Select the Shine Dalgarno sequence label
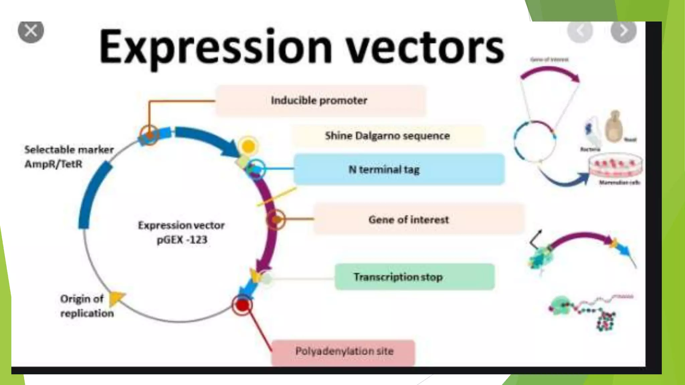[387, 136]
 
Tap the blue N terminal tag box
[399, 169]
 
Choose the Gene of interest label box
[418, 219]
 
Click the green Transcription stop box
[414, 277]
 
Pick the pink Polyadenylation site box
[344, 352]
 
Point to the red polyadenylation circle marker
[242, 305]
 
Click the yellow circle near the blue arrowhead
[248, 146]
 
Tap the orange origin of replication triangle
[116, 298]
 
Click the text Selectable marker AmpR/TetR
[69, 157]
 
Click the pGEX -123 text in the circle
[182, 240]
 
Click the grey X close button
[31, 31]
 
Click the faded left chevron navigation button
[580, 31]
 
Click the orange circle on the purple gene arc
[276, 220]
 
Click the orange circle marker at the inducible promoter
[149, 135]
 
